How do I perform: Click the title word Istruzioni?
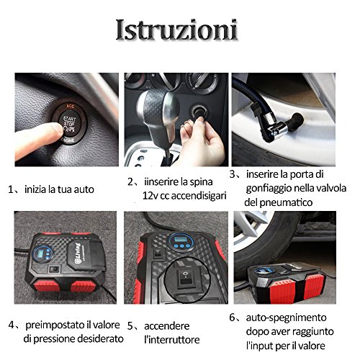[177, 30]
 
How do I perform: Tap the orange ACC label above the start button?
[71, 106]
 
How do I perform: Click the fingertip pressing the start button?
[57, 130]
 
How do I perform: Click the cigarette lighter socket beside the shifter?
[199, 112]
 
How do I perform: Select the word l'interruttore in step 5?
[172, 340]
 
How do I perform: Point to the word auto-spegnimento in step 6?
[286, 318]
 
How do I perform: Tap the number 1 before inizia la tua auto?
[10, 189]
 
